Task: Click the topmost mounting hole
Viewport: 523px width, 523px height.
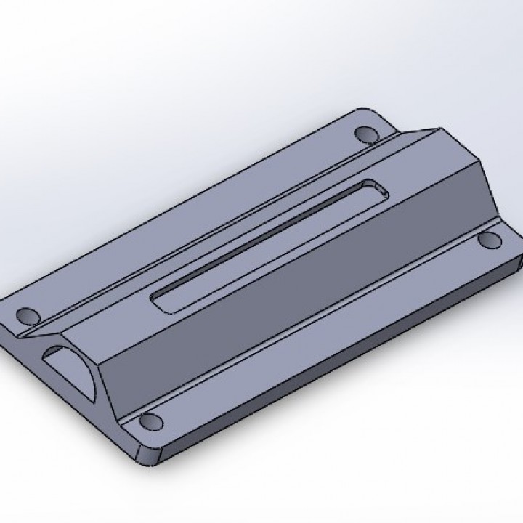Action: [365, 134]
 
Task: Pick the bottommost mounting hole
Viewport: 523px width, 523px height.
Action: [150, 421]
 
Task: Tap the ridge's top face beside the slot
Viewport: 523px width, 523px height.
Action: [218, 240]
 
